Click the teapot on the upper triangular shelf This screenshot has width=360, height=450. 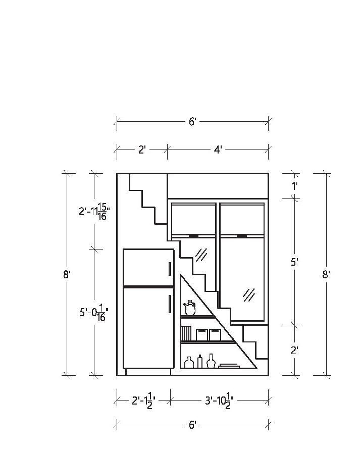(190, 308)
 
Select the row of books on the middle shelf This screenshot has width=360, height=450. (186, 333)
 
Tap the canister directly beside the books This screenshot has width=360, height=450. (201, 334)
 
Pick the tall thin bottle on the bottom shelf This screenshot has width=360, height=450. (200, 361)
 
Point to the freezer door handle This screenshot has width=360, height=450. (170, 269)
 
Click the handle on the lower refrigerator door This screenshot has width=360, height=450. (170, 304)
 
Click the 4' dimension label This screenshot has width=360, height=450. (218, 149)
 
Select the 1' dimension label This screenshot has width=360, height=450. (294, 186)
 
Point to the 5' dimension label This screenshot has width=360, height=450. (294, 262)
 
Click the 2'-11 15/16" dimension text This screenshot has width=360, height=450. (94, 212)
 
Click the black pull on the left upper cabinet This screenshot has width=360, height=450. (193, 236)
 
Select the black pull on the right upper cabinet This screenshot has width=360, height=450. (242, 236)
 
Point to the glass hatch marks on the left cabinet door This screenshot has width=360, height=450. (201, 254)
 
